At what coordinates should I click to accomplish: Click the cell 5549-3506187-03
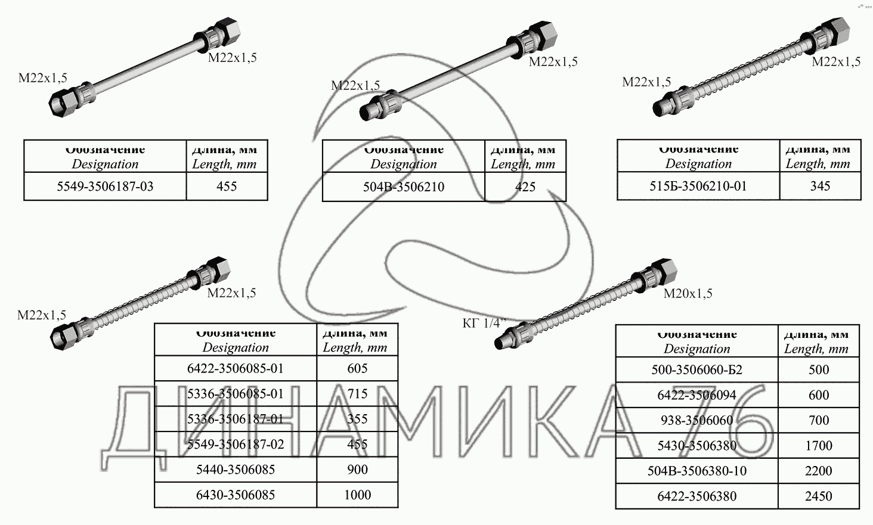pos(105,187)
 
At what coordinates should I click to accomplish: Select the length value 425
pos(525,187)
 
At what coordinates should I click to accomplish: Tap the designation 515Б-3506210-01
pos(698,186)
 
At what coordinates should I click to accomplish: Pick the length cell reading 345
pos(820,186)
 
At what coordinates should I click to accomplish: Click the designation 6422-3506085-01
pos(236,368)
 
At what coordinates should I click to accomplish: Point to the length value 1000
pos(357,495)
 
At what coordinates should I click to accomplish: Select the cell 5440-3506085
pos(236,470)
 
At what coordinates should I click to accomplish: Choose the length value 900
pos(357,470)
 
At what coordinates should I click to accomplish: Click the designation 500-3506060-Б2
pos(696,369)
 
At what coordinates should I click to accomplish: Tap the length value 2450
pos(818,496)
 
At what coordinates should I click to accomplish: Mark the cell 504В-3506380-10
pos(696,471)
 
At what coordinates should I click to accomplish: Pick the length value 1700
pos(818,445)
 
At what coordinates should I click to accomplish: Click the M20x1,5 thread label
pos(688,293)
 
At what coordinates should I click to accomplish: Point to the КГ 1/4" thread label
pos(484,323)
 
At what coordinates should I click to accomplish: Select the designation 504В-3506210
pos(404,187)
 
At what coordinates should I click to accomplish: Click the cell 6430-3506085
pos(236,495)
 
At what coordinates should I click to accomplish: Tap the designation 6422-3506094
pos(696,395)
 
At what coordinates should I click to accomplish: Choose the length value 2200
pos(818,471)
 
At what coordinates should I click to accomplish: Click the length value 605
pos(357,368)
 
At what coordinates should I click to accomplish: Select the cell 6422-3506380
pos(696,496)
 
